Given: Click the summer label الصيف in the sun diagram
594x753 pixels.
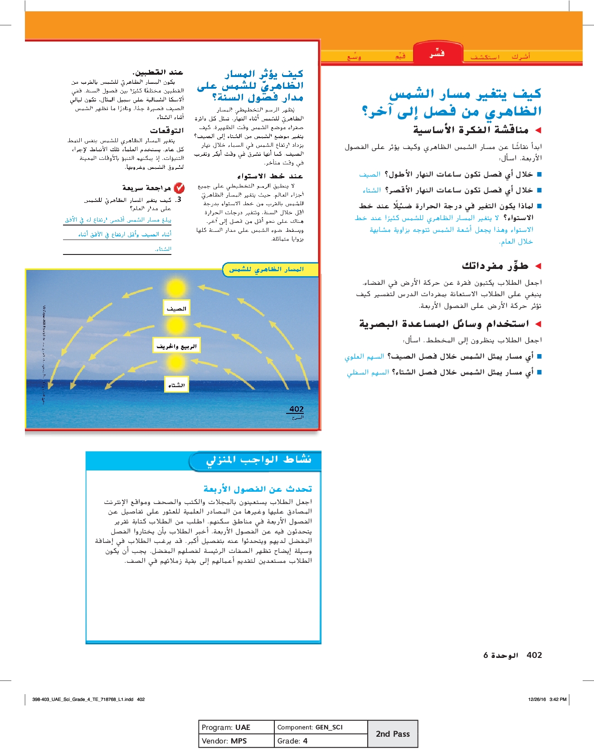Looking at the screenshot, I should (176, 308).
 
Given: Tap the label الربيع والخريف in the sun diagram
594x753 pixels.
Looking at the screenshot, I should (176, 346).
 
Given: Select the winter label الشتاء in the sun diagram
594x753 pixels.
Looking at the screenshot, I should (176, 385).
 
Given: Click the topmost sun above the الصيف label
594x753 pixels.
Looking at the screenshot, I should (176, 288).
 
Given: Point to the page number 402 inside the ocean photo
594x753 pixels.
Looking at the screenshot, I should (297, 409).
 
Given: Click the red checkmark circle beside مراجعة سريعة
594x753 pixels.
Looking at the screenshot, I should (179, 187).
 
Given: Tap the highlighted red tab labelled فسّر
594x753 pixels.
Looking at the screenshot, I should (437, 54).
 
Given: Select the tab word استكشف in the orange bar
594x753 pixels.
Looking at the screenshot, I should (485, 57).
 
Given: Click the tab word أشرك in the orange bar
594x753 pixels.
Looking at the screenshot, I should (521, 57).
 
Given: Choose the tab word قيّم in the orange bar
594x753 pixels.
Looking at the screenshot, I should (400, 57).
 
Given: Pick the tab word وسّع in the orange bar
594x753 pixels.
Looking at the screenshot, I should (354, 57).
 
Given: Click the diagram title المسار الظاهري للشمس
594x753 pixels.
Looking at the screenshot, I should (267, 269).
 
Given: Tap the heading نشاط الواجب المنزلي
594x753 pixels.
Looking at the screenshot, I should (259, 460).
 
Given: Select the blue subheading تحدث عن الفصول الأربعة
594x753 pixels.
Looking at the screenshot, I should (258, 489).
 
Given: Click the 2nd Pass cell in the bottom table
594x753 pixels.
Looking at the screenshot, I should (393, 734).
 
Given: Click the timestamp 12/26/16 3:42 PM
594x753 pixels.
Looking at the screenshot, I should (547, 699).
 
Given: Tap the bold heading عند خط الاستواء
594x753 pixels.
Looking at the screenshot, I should (270, 176).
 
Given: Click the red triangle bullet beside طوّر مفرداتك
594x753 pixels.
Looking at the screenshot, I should (538, 266).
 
